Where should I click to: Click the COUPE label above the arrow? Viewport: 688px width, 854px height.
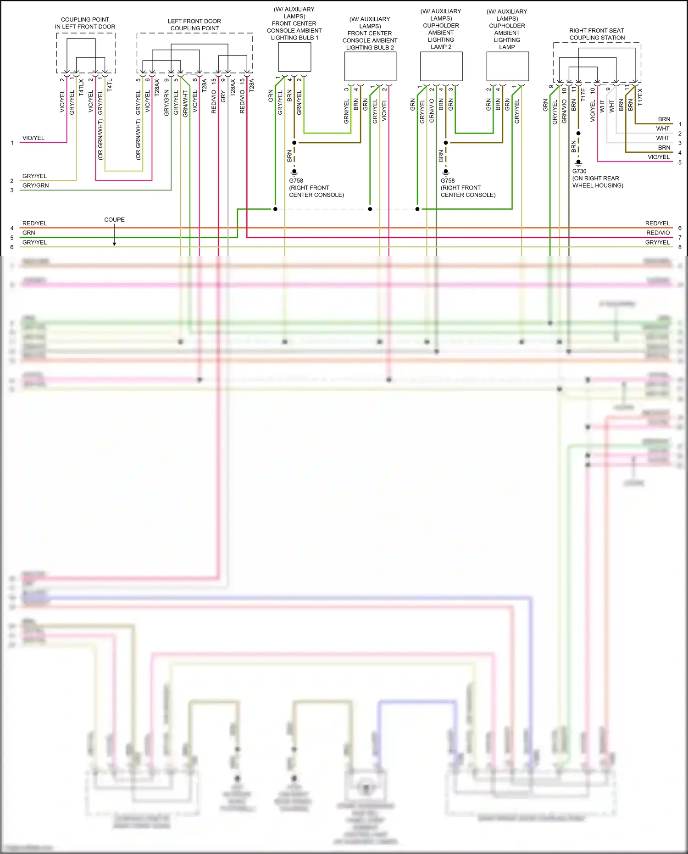(x=114, y=220)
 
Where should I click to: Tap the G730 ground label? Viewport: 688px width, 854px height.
(x=579, y=171)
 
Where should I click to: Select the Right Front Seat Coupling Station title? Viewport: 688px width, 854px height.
(x=597, y=34)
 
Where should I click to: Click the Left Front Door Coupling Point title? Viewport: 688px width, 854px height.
(x=194, y=25)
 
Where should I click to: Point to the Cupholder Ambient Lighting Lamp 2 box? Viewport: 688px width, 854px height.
(x=441, y=66)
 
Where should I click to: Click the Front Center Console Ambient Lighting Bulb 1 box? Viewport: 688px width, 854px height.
(x=294, y=57)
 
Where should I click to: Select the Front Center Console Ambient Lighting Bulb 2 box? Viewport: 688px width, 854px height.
(x=370, y=67)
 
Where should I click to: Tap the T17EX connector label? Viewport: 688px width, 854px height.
(x=640, y=97)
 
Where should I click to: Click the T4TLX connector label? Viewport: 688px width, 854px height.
(x=81, y=87)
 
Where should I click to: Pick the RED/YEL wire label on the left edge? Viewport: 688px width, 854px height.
(x=34, y=223)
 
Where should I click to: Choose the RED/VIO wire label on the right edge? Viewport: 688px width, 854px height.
(x=658, y=233)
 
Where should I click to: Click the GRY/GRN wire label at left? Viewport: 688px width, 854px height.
(x=35, y=185)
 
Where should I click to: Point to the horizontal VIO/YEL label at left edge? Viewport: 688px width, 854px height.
(x=33, y=138)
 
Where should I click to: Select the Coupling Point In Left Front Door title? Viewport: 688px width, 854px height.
(x=85, y=23)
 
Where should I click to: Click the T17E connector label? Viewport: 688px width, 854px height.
(x=583, y=95)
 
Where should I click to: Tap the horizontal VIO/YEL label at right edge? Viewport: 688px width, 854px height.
(x=659, y=157)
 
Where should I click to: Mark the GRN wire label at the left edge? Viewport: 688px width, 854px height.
(x=28, y=233)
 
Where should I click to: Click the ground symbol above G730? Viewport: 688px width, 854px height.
(x=578, y=162)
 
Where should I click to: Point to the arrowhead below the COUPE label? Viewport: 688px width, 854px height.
(x=114, y=244)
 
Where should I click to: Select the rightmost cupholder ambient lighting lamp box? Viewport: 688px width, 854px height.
(x=507, y=66)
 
